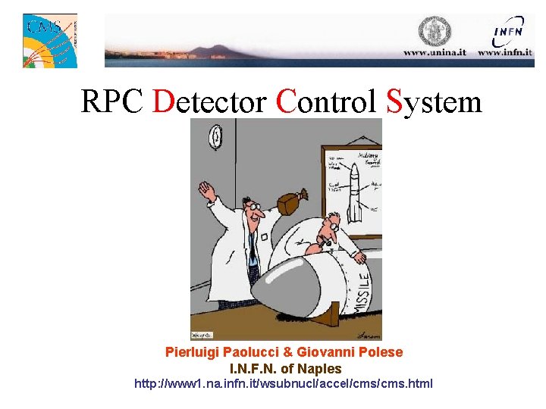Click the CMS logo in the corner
tap(50, 40)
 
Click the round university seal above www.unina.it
tap(435, 31)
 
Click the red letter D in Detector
tap(164, 101)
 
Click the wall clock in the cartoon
tap(217, 137)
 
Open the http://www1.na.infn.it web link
tap(284, 383)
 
